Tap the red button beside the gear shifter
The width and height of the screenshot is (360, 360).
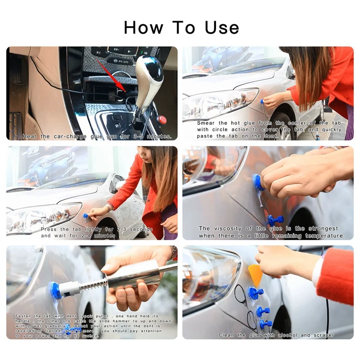[x=162, y=120]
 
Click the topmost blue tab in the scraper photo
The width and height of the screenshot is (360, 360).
[x=256, y=293]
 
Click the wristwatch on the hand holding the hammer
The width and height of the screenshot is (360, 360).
[x=174, y=253]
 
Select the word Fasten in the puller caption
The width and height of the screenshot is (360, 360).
[x=24, y=316]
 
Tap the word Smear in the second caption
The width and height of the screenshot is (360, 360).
[x=207, y=123]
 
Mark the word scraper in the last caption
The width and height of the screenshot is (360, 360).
[x=324, y=335]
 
